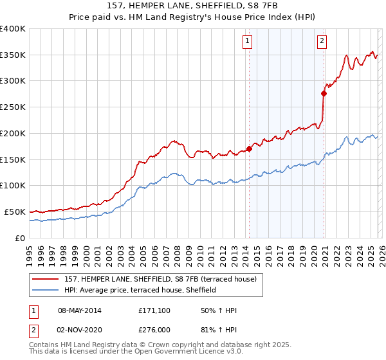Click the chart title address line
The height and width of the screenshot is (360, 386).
tap(193, 6)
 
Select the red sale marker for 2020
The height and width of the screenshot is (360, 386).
tap(324, 93)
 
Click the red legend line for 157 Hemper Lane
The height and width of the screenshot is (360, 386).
tap(45, 279)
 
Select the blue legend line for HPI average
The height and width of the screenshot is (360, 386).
tap(45, 290)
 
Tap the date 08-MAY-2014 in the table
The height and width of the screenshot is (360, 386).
tap(80, 310)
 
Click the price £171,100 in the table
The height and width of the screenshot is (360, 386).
tap(155, 310)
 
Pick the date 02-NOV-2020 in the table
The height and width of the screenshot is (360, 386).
tap(80, 329)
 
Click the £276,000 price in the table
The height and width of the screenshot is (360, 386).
tap(155, 329)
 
